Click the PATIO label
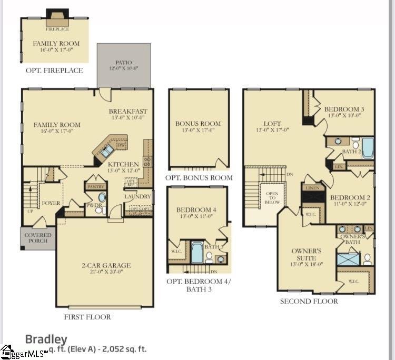(x=124, y=62)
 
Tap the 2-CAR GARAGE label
(x=106, y=265)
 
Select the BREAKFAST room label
(x=128, y=111)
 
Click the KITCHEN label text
(x=124, y=164)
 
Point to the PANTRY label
(x=96, y=186)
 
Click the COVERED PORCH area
(x=38, y=238)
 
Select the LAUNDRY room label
(x=138, y=196)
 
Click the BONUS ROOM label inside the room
(x=198, y=124)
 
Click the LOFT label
(x=265, y=124)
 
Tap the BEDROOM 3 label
(x=344, y=109)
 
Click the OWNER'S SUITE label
(x=307, y=254)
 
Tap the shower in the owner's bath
(x=348, y=259)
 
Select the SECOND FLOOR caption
(x=309, y=301)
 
